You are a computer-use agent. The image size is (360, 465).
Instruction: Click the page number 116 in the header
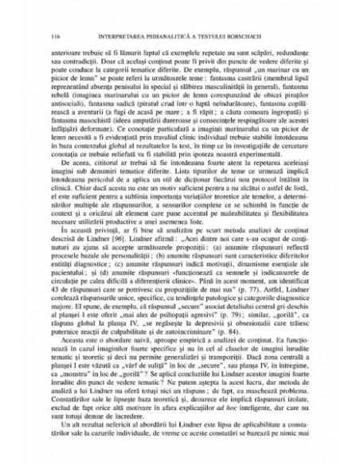[54, 36]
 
